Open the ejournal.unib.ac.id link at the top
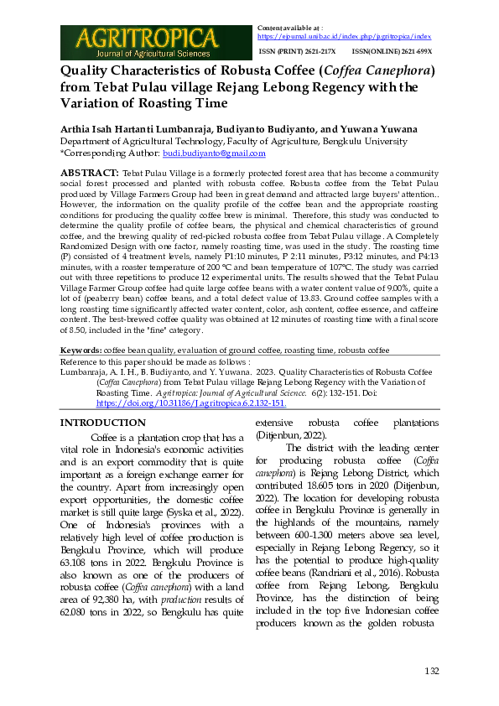(x=344, y=37)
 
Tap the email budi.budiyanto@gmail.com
(x=214, y=153)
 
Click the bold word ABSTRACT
(x=89, y=171)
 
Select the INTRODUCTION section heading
(x=104, y=423)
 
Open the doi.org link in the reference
(x=190, y=402)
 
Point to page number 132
(x=432, y=671)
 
